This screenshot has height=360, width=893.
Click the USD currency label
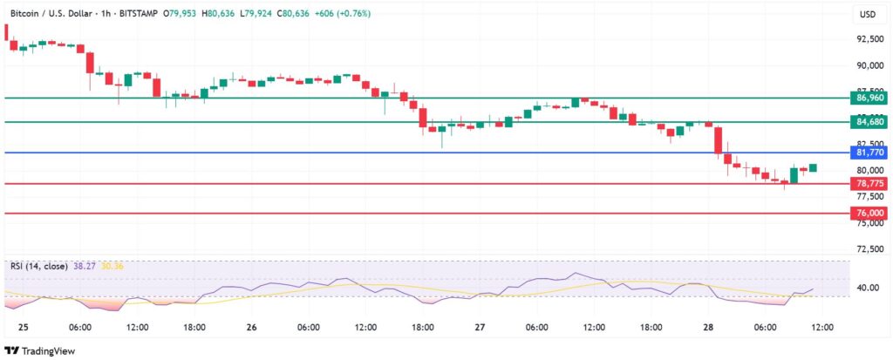point(868,14)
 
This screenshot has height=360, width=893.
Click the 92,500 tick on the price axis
point(869,39)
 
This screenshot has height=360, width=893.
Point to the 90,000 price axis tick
point(869,65)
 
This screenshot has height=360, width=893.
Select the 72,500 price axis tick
point(869,249)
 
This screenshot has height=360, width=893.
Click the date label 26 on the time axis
point(251,328)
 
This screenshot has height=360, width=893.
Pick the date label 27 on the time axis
point(480,328)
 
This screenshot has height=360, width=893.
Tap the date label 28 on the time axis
point(708,328)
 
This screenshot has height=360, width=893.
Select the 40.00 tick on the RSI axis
point(869,288)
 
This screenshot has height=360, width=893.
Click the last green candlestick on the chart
point(813,167)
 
